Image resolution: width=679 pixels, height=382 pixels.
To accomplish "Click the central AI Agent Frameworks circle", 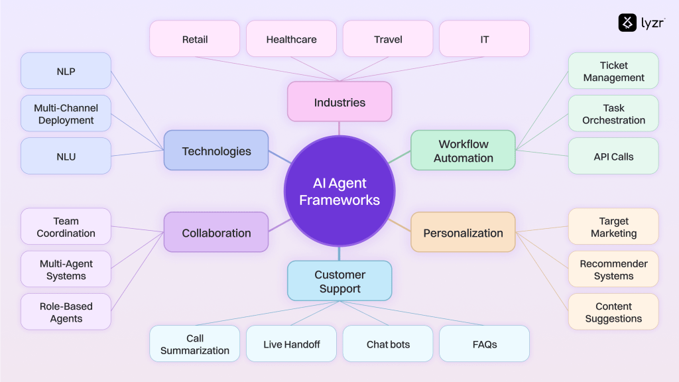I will pyautogui.click(x=339, y=191).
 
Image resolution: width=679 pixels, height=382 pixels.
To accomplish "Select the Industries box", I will pyautogui.click(x=339, y=102).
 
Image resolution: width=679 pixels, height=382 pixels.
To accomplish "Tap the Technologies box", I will pyautogui.click(x=216, y=151).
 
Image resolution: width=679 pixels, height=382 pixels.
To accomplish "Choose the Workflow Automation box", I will pyautogui.click(x=463, y=151).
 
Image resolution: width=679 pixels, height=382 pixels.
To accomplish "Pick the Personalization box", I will pyautogui.click(x=463, y=233).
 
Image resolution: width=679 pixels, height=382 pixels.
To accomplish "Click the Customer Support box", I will pyautogui.click(x=339, y=281).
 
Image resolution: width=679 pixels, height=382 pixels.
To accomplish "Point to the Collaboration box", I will pyautogui.click(x=216, y=233).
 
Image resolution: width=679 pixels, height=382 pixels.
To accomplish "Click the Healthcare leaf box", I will pyautogui.click(x=291, y=39).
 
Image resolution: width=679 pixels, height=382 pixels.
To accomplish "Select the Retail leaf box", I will pyautogui.click(x=194, y=39).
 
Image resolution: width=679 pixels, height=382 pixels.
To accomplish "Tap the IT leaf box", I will pyautogui.click(x=485, y=39).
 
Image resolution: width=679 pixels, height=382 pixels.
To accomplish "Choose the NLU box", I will pyautogui.click(x=66, y=157).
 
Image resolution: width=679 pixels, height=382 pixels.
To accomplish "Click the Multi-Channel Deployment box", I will pyautogui.click(x=66, y=114).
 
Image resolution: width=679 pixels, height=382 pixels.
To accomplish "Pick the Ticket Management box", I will pyautogui.click(x=613, y=71).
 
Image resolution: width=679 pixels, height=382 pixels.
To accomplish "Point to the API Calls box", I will pyautogui.click(x=613, y=157).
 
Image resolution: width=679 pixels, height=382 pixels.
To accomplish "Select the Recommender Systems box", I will pyautogui.click(x=613, y=269).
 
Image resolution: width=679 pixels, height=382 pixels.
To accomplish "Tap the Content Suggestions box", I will pyautogui.click(x=613, y=312).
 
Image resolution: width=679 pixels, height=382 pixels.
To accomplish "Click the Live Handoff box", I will pyautogui.click(x=291, y=344).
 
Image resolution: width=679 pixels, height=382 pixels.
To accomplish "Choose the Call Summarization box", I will pyautogui.click(x=194, y=344).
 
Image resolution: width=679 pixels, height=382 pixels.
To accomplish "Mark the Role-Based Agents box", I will pyautogui.click(x=66, y=312).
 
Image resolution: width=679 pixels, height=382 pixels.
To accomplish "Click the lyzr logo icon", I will pyautogui.click(x=627, y=23).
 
